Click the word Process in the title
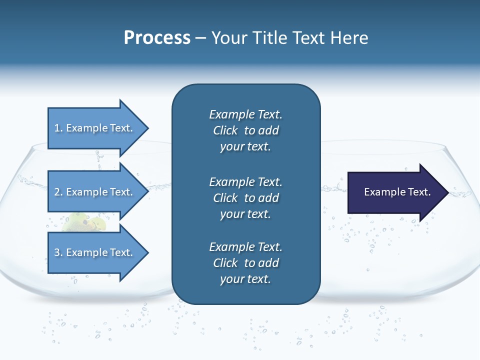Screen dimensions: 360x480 157,38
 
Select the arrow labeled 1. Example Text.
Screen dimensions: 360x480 95,128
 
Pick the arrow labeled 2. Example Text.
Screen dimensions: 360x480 95,192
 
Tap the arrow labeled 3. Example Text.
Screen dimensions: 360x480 95,252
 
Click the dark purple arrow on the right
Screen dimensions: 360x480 395,192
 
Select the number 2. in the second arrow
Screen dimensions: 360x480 58,192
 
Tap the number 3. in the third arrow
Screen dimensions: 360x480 58,252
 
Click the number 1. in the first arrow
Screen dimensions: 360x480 58,128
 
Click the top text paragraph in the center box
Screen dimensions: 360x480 245,130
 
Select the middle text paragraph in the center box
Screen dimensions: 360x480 245,198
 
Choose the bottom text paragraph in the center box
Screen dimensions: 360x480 245,263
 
